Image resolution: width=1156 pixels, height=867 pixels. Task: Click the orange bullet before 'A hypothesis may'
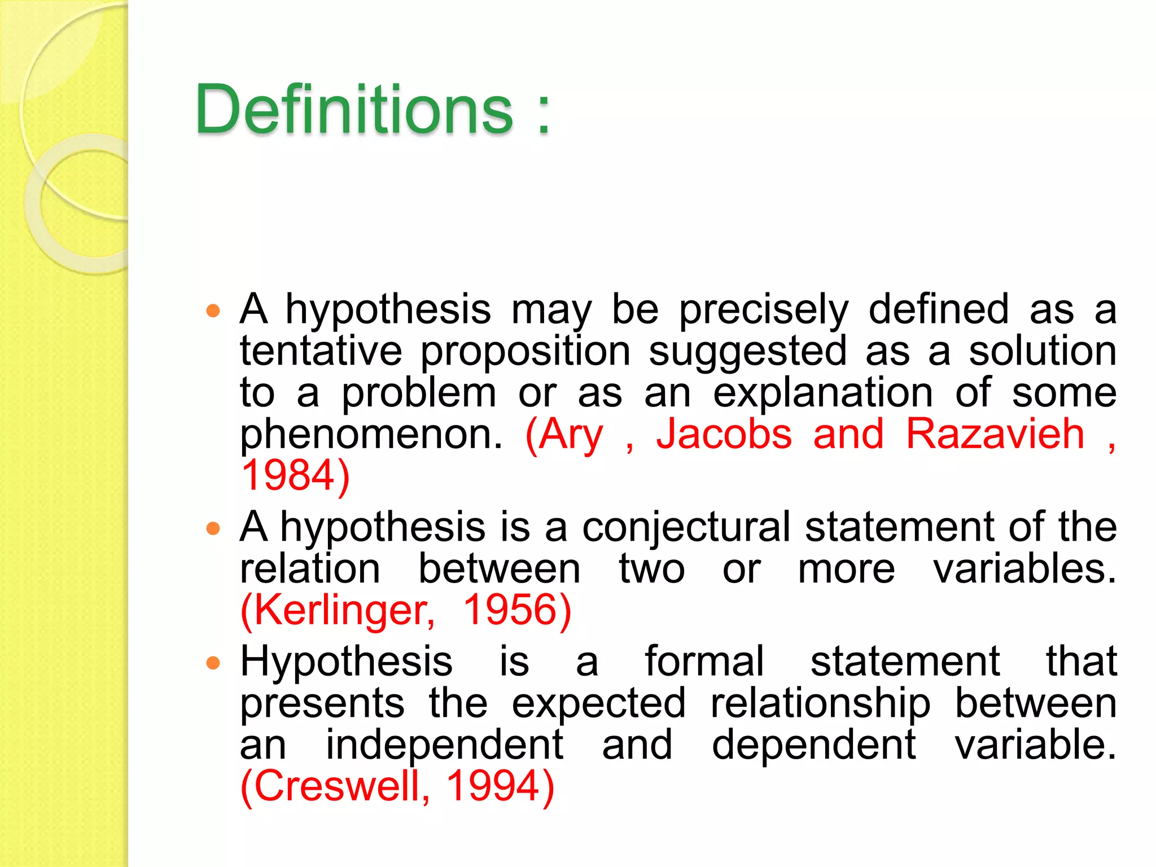pyautogui.click(x=213, y=310)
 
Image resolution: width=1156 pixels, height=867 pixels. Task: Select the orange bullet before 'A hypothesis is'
pyautogui.click(x=213, y=529)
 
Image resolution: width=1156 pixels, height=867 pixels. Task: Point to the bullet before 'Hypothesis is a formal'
pyautogui.click(x=213, y=663)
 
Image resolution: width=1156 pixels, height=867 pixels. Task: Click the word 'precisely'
pyautogui.click(x=763, y=310)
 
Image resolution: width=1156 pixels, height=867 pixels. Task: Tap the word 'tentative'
pyautogui.click(x=321, y=351)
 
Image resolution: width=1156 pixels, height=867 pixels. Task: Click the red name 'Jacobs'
pyautogui.click(x=724, y=435)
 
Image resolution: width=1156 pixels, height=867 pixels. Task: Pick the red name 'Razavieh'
pyautogui.click(x=995, y=435)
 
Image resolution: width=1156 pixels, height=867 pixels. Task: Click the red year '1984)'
pyautogui.click(x=295, y=476)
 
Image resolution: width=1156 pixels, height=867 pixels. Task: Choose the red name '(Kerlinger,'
pyautogui.click(x=338, y=611)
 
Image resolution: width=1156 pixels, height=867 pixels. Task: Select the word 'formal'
pyautogui.click(x=704, y=662)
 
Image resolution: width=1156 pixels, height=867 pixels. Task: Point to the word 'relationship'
pyautogui.click(x=820, y=704)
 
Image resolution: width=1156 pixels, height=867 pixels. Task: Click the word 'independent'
pyautogui.click(x=444, y=745)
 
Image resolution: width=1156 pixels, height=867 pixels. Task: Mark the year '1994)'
pyautogui.click(x=500, y=786)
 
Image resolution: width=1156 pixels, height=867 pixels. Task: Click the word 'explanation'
pyautogui.click(x=822, y=393)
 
